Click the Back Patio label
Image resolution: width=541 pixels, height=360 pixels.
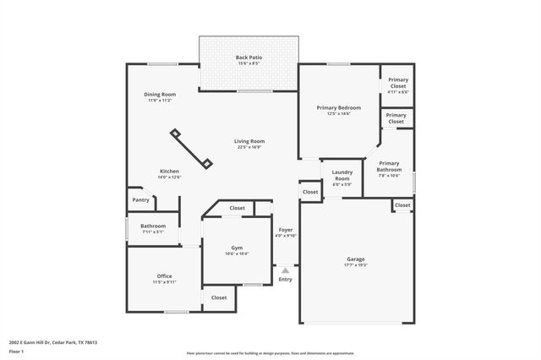(249, 57)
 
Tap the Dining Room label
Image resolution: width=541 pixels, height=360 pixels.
(160, 94)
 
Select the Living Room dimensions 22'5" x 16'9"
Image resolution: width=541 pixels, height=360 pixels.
(249, 147)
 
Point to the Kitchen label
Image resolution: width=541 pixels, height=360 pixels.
(170, 172)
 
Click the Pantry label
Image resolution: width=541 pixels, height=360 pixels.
(140, 200)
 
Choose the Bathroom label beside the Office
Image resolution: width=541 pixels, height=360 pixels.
(153, 226)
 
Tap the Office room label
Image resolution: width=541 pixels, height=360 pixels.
(164, 276)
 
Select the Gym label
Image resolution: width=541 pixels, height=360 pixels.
(237, 247)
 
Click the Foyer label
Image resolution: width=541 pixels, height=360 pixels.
(286, 229)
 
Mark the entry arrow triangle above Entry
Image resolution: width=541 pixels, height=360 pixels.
(285, 270)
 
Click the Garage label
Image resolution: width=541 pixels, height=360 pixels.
(355, 259)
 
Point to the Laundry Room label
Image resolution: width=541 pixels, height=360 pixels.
(342, 175)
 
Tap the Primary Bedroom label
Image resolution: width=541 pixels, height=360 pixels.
(339, 107)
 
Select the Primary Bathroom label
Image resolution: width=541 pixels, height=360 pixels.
(389, 166)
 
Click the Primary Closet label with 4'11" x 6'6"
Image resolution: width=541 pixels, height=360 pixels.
(397, 83)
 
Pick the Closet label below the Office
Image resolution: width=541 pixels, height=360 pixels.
(219, 297)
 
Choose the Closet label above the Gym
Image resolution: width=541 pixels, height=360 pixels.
(237, 208)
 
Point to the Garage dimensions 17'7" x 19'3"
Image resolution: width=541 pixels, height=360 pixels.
(355, 265)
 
